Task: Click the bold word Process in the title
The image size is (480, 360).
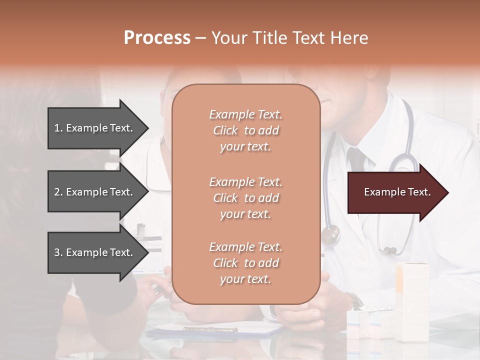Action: [157, 37]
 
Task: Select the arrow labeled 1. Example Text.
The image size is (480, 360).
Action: [95, 128]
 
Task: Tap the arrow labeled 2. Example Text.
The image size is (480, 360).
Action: [95, 192]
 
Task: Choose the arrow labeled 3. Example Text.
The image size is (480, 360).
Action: [95, 252]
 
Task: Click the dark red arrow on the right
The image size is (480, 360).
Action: [395, 192]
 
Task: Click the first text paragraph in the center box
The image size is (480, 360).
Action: [245, 130]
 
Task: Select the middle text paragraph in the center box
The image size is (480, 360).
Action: [245, 198]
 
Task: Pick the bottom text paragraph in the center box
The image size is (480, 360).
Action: [245, 263]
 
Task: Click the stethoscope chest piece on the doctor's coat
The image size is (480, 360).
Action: [330, 234]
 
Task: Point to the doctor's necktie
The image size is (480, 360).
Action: [356, 160]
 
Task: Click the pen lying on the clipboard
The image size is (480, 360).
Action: [210, 329]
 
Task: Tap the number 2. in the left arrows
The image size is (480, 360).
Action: [58, 192]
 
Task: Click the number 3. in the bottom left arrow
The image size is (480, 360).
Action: [58, 252]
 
